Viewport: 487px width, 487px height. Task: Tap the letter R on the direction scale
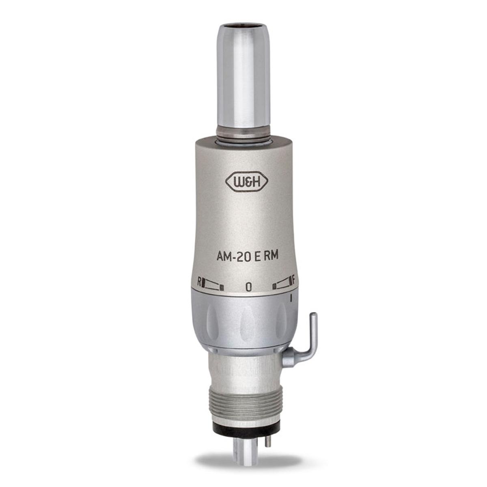click(199, 281)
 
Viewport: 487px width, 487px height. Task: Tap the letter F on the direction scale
click(293, 279)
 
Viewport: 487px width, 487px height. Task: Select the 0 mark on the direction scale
click(248, 287)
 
